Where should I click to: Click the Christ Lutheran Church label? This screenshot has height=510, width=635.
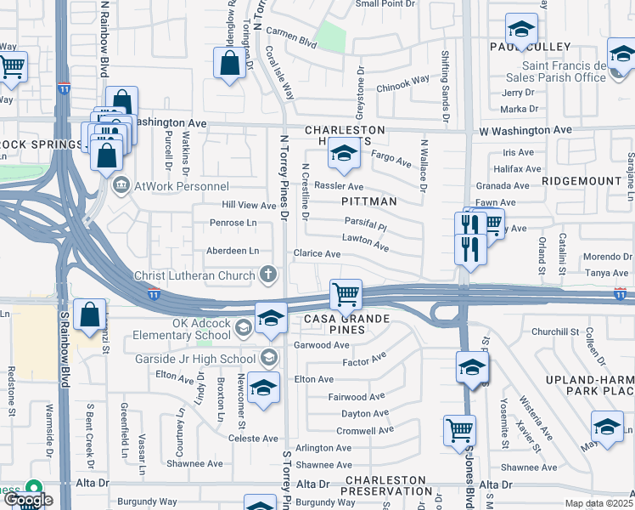pyautogui.click(x=194, y=275)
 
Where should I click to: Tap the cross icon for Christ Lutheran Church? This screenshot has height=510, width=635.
pyautogui.click(x=267, y=275)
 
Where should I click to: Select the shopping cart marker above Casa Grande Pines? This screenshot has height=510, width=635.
pyautogui.click(x=346, y=296)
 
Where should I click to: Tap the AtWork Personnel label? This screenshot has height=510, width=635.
pyautogui.click(x=175, y=184)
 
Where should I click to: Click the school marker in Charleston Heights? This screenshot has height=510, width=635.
pyautogui.click(x=343, y=154)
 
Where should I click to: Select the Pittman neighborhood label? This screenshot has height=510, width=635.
pyautogui.click(x=369, y=201)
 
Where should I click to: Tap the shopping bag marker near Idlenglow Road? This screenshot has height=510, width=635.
pyautogui.click(x=230, y=63)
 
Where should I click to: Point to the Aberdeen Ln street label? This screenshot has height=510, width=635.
pyautogui.click(x=233, y=251)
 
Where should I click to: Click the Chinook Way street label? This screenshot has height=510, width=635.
pyautogui.click(x=403, y=82)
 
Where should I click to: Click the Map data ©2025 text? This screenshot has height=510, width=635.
pyautogui.click(x=597, y=503)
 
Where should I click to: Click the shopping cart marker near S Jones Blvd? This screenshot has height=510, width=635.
pyautogui.click(x=459, y=430)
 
